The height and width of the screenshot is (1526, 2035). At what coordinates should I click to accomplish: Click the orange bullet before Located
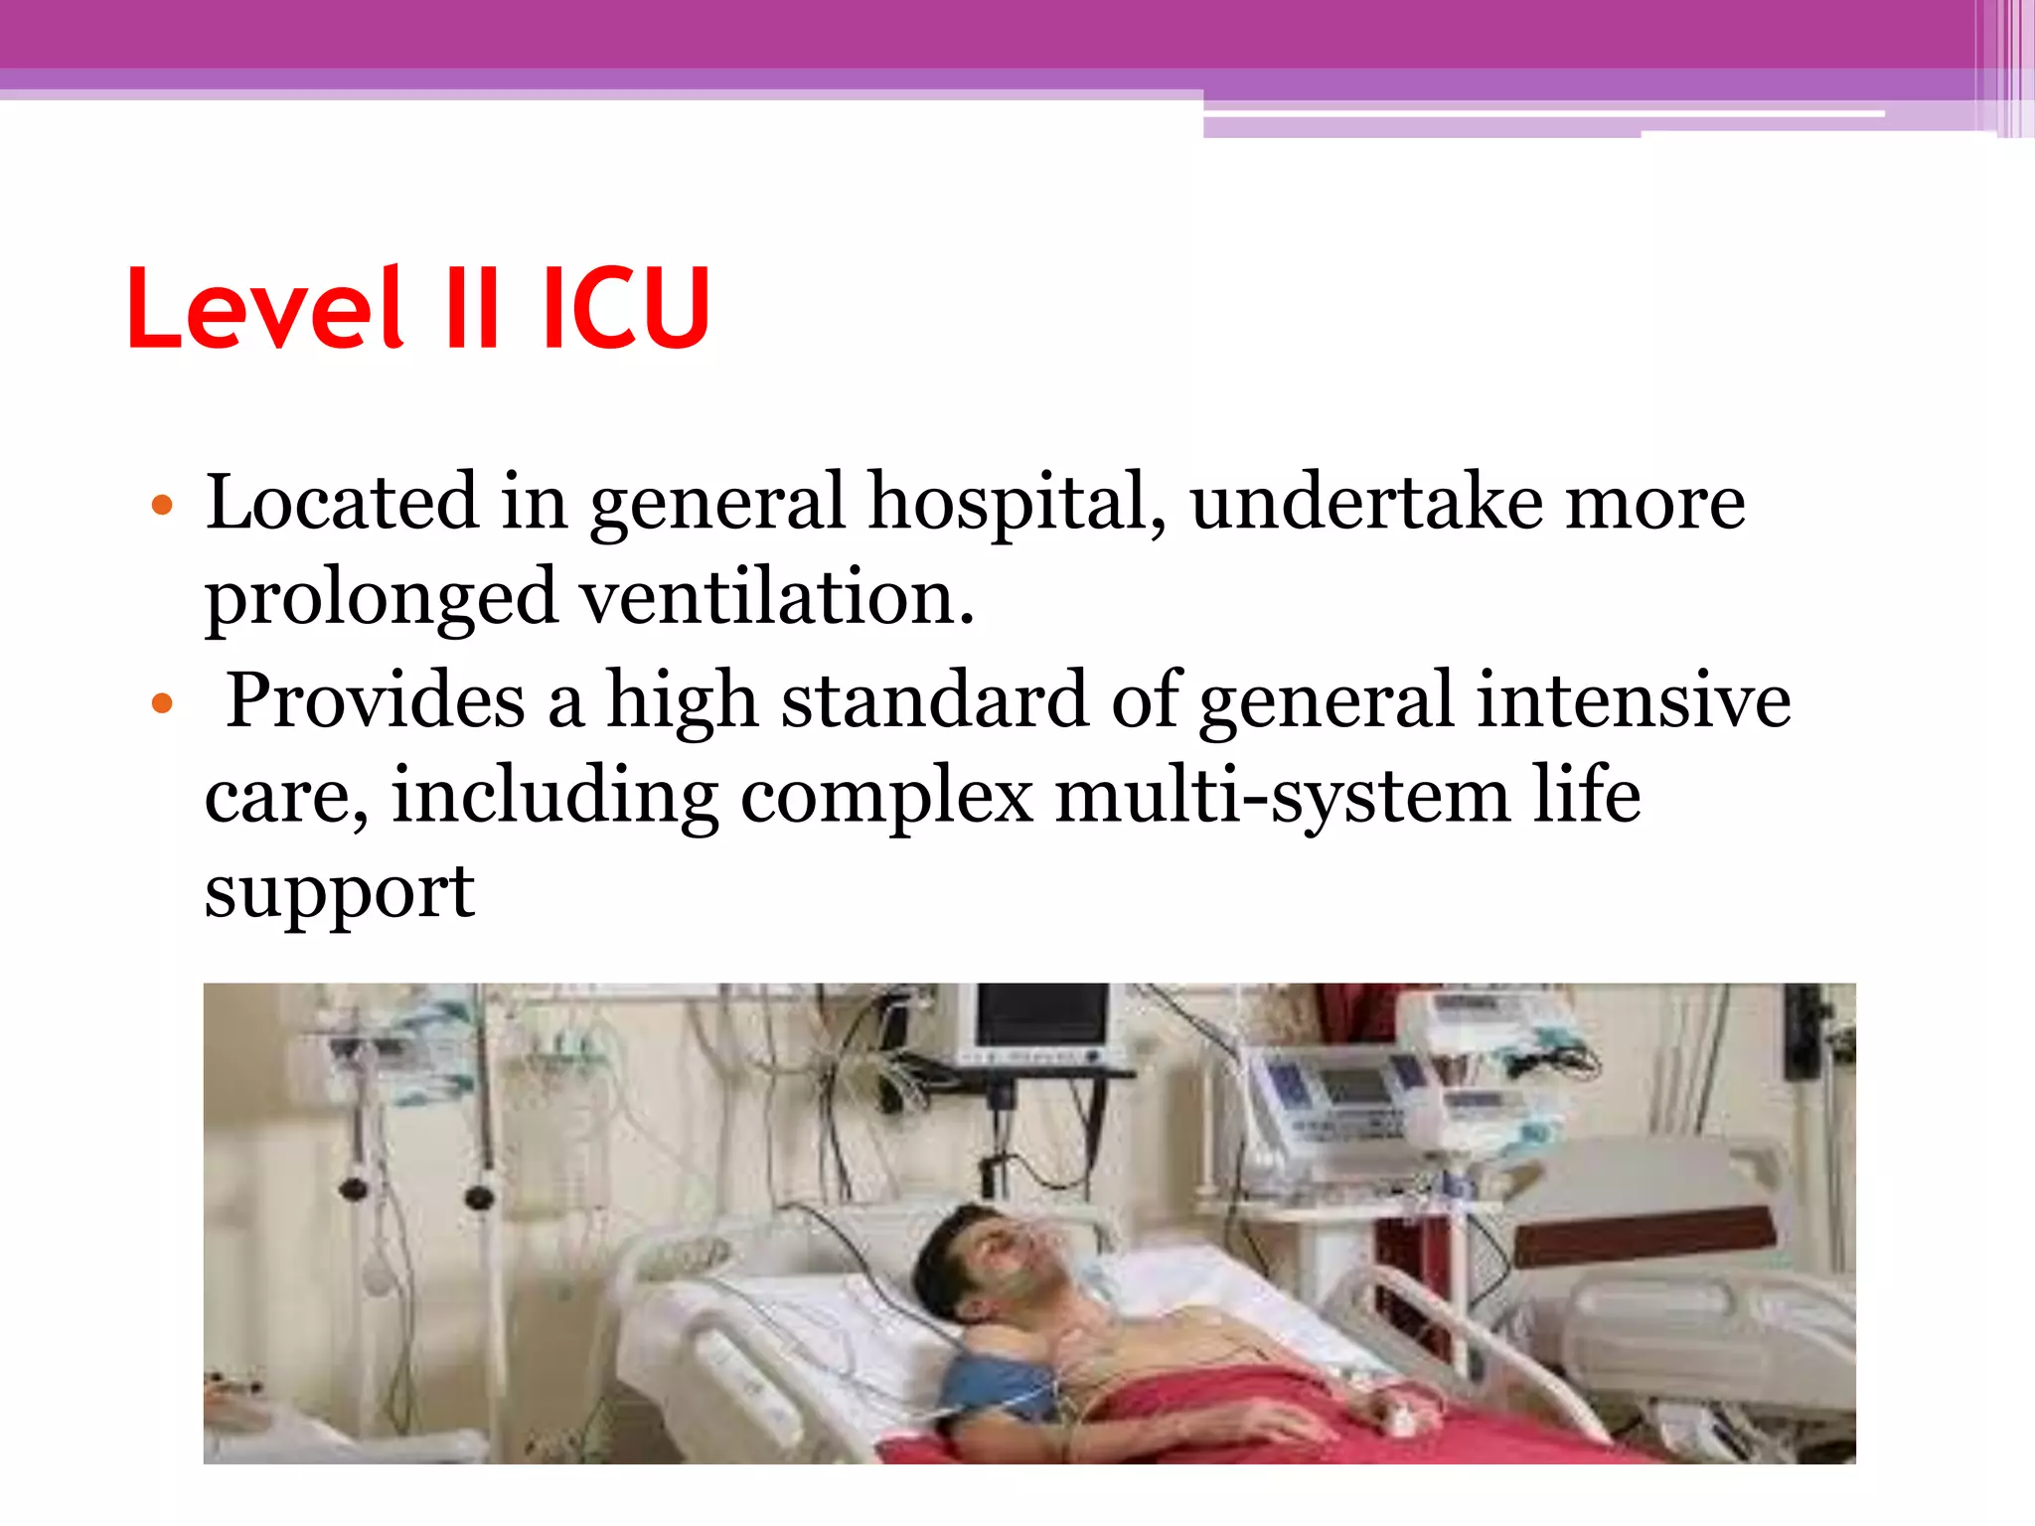point(162,507)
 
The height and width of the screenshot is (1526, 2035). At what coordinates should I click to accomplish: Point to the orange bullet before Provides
point(162,705)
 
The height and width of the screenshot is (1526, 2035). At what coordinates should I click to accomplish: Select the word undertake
point(1366,503)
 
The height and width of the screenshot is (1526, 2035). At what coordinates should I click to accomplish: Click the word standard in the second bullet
point(934,700)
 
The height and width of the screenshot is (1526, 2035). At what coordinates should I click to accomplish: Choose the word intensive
point(1634,700)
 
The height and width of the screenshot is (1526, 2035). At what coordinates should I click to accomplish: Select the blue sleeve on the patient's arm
point(989,1386)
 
